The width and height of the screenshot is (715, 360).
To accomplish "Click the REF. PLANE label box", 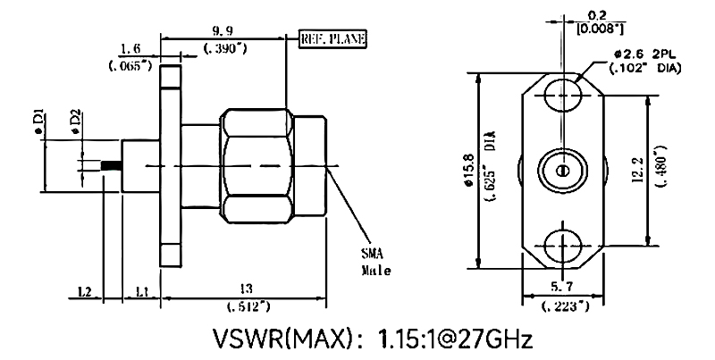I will (x=332, y=38).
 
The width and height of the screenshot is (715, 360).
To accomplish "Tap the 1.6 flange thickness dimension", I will (x=131, y=50).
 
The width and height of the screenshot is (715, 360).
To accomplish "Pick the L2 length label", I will (x=85, y=291).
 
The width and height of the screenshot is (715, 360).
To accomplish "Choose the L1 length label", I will (x=141, y=291).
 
